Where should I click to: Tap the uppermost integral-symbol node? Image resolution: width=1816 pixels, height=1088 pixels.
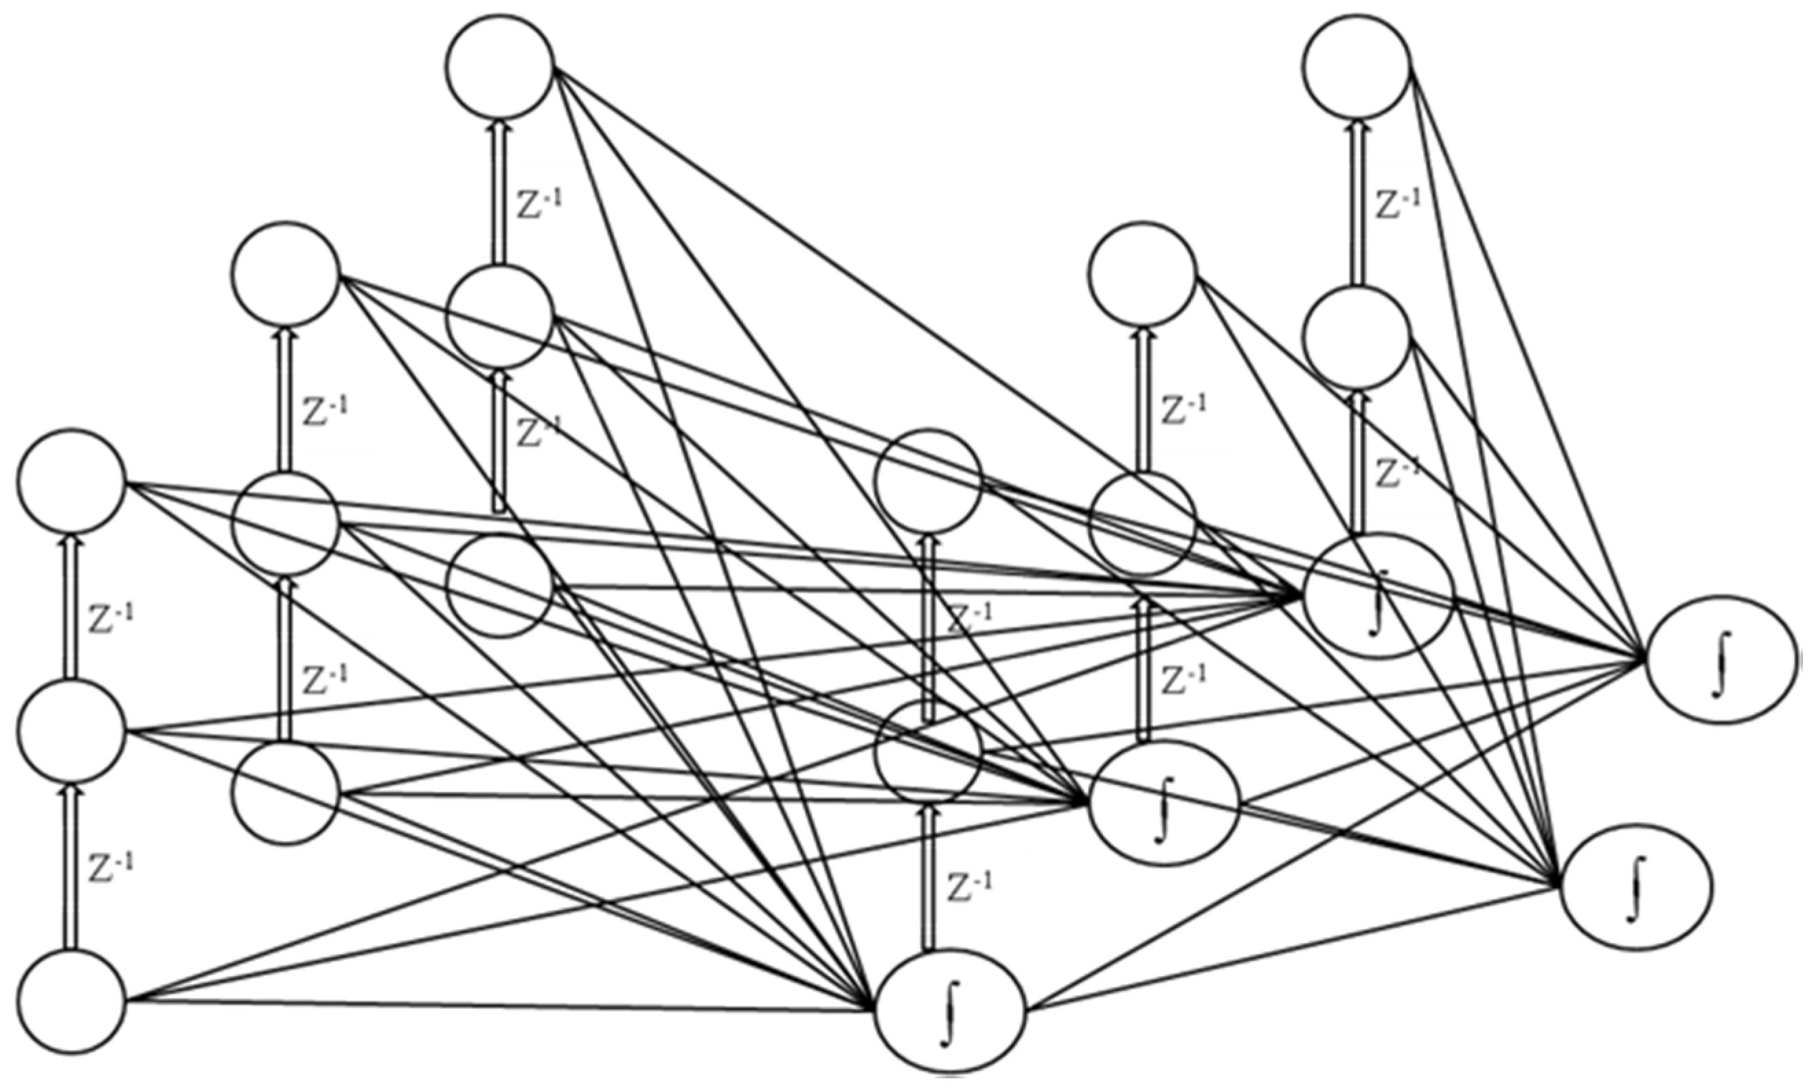point(1378,596)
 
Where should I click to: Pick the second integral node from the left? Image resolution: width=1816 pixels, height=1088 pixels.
point(1164,804)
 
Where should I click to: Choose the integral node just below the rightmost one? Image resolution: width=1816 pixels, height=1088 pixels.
point(1636,887)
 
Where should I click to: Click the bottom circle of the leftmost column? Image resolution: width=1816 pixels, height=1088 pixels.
point(72,1001)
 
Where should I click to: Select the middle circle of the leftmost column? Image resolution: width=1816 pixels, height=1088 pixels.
point(72,731)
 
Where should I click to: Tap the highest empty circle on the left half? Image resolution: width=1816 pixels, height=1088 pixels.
point(499,66)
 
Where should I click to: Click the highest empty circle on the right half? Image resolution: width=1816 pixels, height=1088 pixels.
point(1358,66)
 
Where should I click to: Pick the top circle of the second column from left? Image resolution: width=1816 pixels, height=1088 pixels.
point(286,273)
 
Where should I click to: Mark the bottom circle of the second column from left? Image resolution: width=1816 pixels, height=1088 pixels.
point(286,793)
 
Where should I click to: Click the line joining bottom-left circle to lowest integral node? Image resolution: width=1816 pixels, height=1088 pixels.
point(499,1006)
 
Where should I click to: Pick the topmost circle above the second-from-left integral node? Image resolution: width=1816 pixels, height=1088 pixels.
point(1142,273)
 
